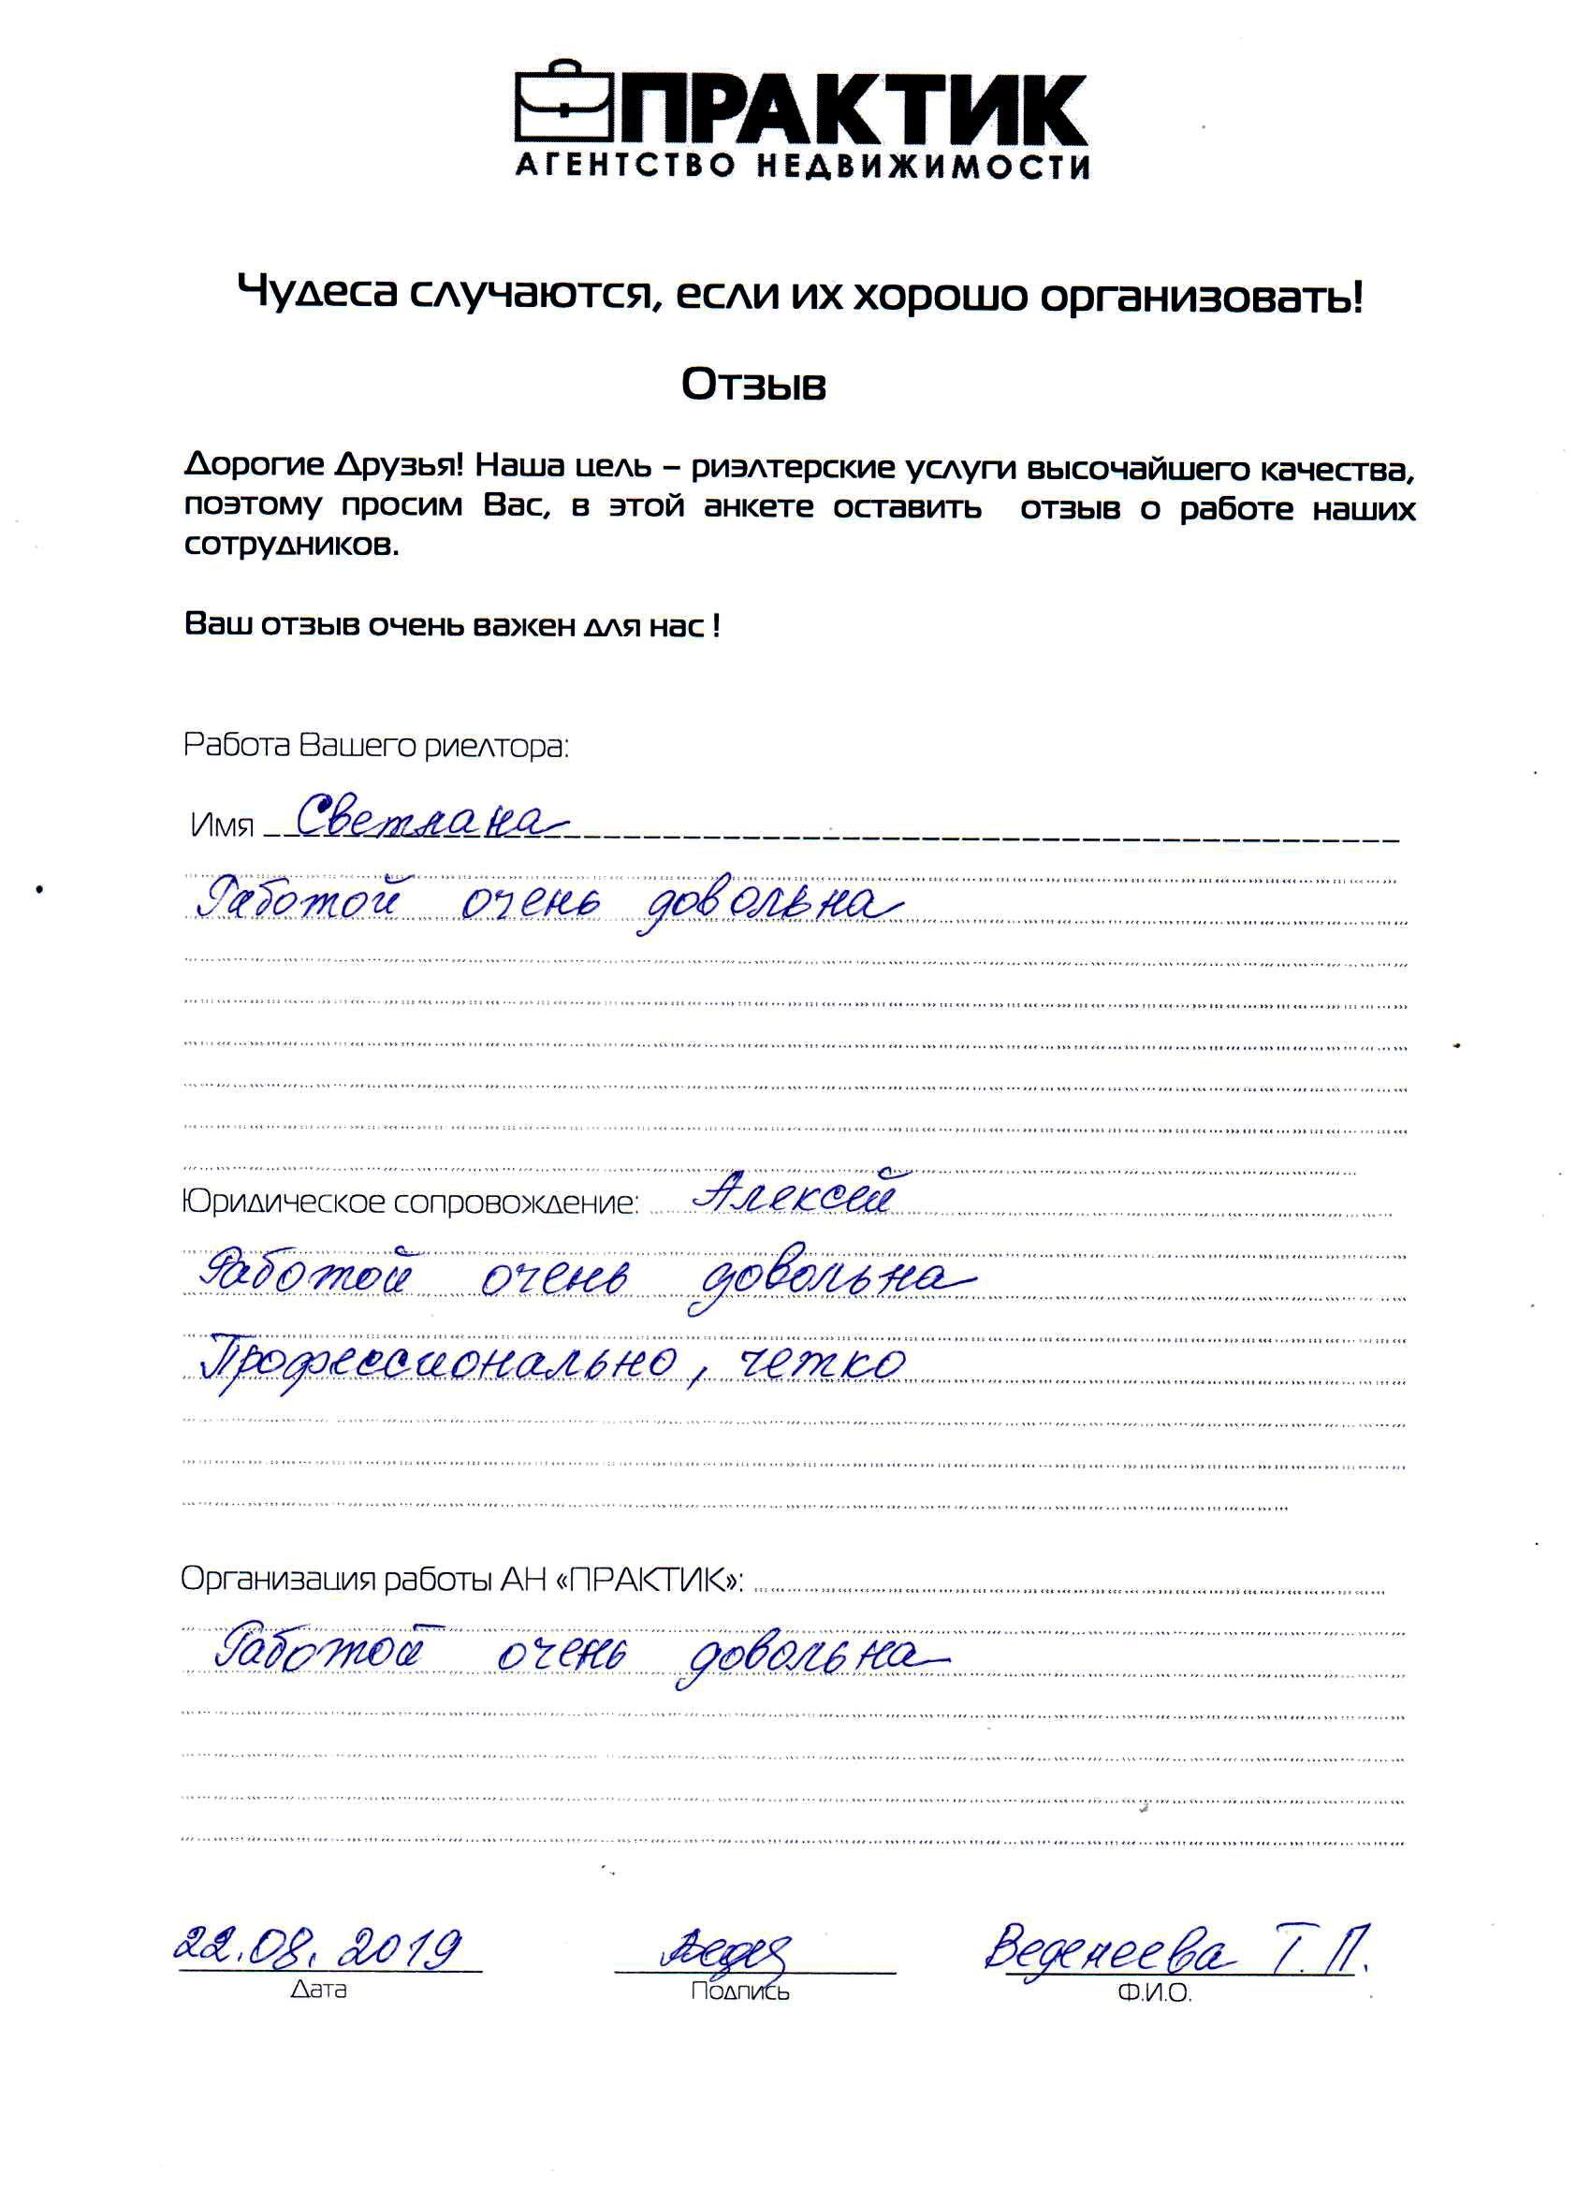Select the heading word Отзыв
tap(753, 386)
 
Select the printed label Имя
tap(222, 826)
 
